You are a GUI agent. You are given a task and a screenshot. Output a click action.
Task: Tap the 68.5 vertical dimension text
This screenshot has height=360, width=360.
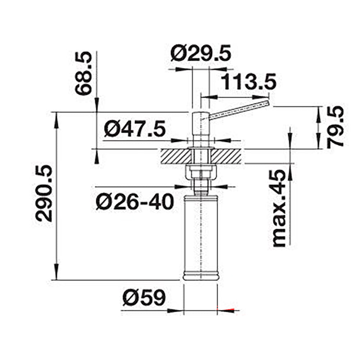click(84, 73)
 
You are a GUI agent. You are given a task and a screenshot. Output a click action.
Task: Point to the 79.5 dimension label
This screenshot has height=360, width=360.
click(335, 127)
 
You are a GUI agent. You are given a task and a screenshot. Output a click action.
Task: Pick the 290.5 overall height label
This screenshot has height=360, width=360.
click(44, 193)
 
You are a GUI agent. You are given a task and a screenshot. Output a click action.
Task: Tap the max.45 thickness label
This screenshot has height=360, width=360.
click(279, 208)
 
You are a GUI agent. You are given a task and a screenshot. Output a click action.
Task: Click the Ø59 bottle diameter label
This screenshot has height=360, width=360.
click(144, 298)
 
